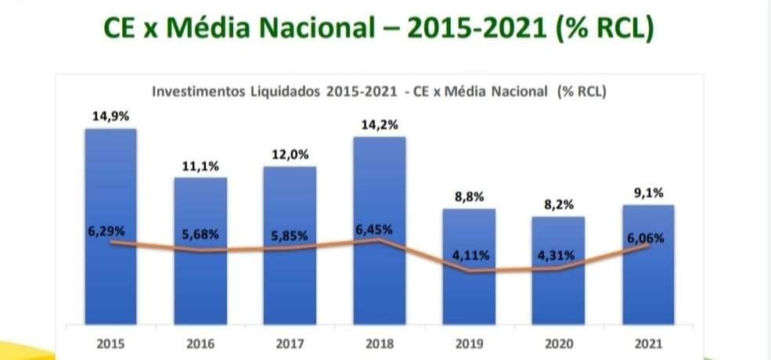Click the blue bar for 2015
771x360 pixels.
[110, 227]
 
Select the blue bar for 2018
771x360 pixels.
[380, 231]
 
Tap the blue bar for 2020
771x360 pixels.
[559, 271]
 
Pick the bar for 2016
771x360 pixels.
[200, 250]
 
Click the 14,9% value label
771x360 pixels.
[110, 117]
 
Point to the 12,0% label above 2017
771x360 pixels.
[290, 154]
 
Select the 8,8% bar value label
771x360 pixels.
[470, 197]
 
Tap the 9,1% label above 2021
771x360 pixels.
[649, 193]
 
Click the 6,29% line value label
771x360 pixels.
[106, 231]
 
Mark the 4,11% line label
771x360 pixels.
[470, 256]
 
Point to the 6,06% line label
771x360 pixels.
[646, 239]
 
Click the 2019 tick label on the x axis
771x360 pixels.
[469, 344]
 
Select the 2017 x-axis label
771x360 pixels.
[290, 344]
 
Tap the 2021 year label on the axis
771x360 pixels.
[649, 344]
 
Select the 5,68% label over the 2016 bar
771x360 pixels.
[200, 235]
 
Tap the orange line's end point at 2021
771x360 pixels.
[649, 245]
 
